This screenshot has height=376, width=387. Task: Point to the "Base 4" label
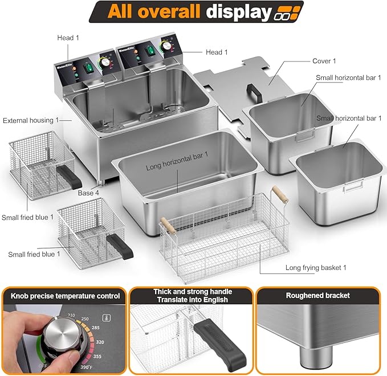[x=89, y=193]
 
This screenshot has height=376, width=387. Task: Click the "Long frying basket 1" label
[x=316, y=267]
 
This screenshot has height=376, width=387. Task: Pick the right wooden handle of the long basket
[x=277, y=192]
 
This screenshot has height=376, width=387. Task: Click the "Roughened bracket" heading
[x=318, y=296]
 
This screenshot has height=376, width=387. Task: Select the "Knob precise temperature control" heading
[x=65, y=296]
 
